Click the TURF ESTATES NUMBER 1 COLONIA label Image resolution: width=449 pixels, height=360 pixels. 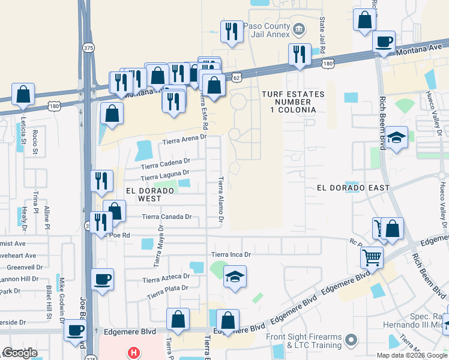293,102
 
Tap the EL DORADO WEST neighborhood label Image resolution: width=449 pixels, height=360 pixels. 149,194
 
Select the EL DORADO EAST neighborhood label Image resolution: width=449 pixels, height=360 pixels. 354,188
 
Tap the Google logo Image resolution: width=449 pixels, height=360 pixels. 20,353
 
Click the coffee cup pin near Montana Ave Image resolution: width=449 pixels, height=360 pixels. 384,43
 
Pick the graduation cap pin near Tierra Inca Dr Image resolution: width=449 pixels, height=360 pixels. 235,277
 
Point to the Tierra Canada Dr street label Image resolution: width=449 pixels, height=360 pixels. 166,217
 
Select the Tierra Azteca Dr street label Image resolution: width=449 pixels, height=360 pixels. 166,278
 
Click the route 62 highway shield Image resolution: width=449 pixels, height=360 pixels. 237,78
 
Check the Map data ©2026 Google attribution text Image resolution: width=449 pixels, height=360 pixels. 411,355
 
